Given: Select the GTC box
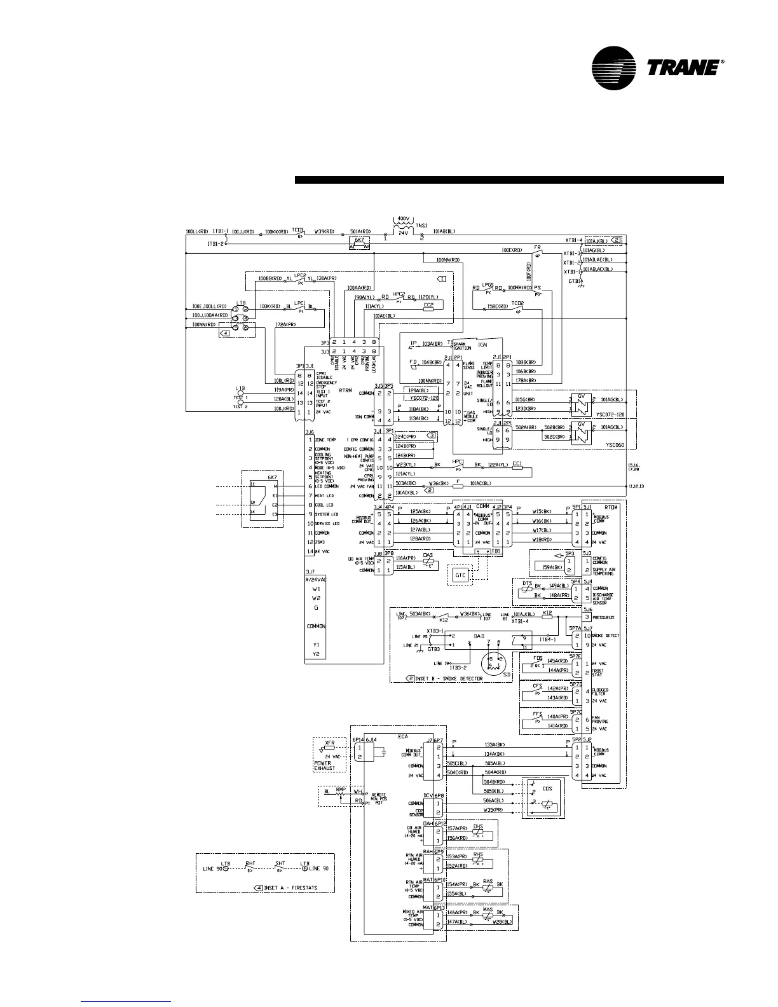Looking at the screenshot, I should click(x=461, y=575).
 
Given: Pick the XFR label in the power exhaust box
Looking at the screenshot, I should click(x=330, y=743).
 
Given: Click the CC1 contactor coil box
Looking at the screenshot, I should click(x=517, y=465).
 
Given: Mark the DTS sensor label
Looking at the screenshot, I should click(x=527, y=582).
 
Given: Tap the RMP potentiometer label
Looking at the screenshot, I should click(x=340, y=788).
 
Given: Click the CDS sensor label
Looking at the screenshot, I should click(x=547, y=789).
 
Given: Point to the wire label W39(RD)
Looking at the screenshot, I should click(x=324, y=231).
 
